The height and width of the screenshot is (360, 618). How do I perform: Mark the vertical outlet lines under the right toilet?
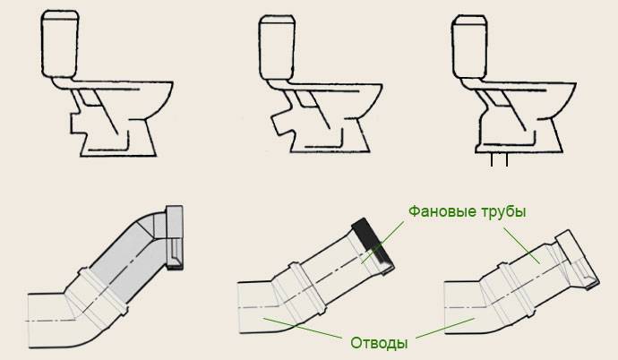500,161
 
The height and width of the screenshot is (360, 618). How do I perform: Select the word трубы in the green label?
503,212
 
